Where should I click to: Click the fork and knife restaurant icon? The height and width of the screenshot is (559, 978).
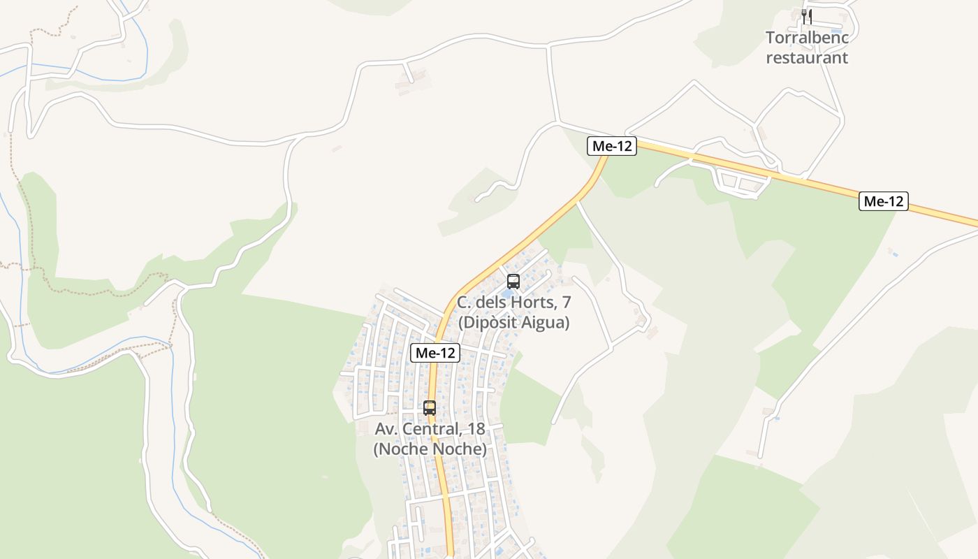pos(806,15)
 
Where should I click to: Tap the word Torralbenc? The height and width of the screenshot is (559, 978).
pos(807,37)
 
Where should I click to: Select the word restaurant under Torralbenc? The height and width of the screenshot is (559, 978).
pos(807,57)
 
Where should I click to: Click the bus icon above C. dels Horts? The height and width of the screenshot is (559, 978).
pos(513,282)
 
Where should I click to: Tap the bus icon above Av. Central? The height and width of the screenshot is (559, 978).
pos(430,408)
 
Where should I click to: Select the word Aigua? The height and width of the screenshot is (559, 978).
pos(548,323)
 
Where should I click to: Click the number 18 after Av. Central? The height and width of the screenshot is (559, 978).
pos(476,428)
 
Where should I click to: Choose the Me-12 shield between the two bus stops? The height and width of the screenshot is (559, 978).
pos(435,353)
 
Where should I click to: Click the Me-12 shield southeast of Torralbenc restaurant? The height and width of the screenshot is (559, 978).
pos(884,202)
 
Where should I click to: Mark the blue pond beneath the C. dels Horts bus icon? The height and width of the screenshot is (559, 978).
pos(509,293)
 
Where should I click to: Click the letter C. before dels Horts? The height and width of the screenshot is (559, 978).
pos(464,303)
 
